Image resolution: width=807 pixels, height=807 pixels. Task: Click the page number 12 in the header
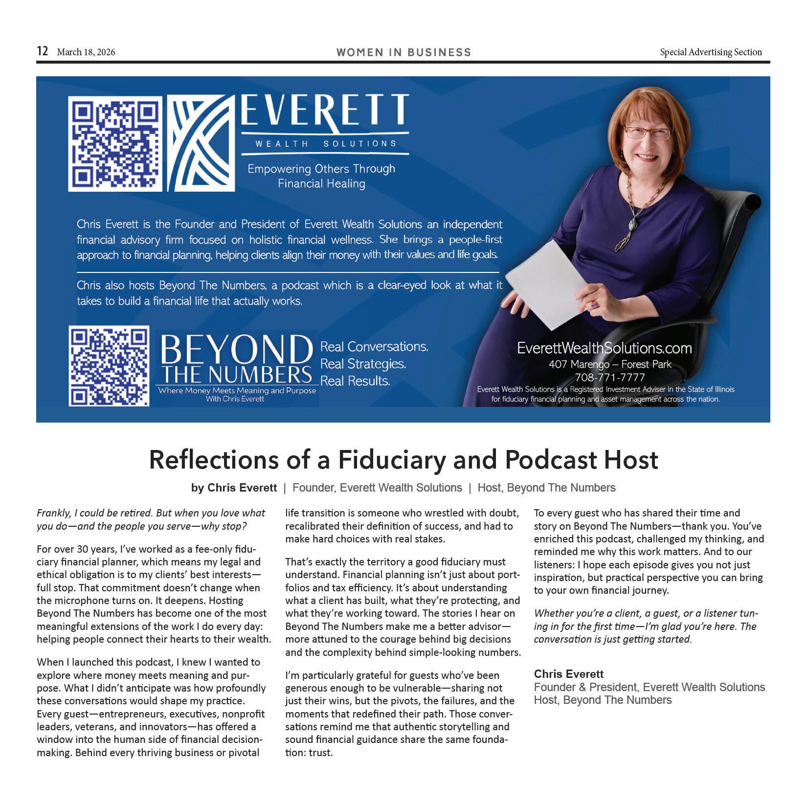(x=43, y=51)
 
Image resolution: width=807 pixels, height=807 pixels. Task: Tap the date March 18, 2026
(x=86, y=52)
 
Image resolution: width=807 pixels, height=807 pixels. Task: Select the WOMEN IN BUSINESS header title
(x=403, y=52)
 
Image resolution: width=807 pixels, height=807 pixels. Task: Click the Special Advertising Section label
(x=711, y=52)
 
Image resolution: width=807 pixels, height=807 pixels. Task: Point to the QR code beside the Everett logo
(x=115, y=143)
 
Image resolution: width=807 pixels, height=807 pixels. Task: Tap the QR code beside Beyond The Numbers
(x=109, y=366)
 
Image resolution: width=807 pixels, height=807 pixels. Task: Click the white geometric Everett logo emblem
(x=201, y=143)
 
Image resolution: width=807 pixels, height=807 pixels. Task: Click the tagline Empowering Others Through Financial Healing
(x=321, y=176)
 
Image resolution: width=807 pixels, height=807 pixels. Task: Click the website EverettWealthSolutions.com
(x=604, y=348)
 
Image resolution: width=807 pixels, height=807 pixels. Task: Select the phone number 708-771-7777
(x=609, y=377)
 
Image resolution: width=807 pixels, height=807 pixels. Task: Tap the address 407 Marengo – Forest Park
(x=609, y=364)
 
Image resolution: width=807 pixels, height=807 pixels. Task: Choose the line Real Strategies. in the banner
(x=363, y=364)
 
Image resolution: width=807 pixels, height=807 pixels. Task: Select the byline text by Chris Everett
(x=234, y=488)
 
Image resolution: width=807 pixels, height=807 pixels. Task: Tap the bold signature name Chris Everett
(x=568, y=674)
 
